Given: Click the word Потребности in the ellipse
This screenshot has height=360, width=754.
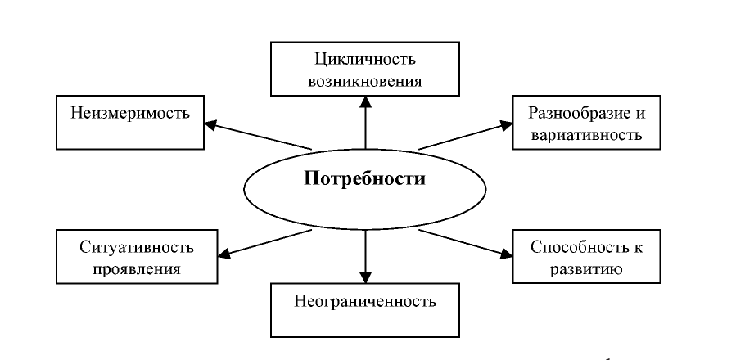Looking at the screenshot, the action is pos(365,178).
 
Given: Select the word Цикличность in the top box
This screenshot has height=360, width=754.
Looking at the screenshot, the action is pos(365,60).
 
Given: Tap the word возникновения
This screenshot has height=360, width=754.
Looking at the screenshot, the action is pos(365,81).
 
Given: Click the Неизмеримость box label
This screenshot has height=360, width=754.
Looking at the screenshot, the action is pos(130,114).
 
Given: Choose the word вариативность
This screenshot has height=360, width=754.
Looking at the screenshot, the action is pos(586,134).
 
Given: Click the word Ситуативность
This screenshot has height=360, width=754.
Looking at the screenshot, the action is pos(137,247).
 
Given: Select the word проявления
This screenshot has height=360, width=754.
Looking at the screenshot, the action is pos(137,268).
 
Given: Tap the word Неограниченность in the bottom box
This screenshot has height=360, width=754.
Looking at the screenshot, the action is pos(365,301).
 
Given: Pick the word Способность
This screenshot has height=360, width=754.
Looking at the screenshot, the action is pos(575,247).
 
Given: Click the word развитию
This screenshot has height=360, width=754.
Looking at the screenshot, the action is pos(586,268).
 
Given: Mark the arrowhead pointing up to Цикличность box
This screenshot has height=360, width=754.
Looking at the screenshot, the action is pos(365,101).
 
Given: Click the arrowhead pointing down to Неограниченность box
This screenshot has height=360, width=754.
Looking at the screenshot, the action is pos(365,277).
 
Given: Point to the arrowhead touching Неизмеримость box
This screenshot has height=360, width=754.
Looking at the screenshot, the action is pos(210,124).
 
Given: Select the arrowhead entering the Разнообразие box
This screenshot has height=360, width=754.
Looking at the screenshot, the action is pos(506,125).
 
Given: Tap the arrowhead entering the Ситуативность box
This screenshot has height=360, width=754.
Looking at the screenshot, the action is pos(224,253).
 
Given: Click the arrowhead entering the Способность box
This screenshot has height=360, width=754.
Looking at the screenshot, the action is pos(506,253).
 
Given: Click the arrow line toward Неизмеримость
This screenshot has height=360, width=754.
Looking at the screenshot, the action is pos(258,137).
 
